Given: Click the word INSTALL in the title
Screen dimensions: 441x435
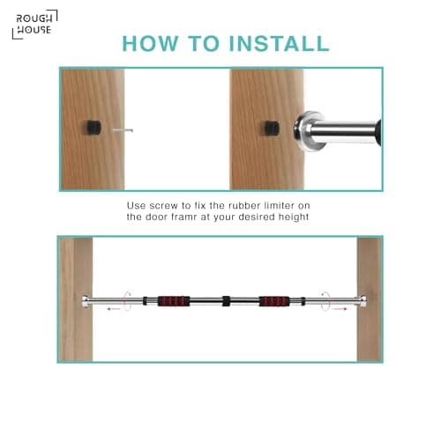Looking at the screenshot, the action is pos(279,44).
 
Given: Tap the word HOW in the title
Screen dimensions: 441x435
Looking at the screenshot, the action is pos(150,44).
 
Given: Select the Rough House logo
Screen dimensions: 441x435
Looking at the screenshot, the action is pos(34,25).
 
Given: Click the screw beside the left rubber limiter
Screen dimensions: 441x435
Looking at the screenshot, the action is pos(123,129).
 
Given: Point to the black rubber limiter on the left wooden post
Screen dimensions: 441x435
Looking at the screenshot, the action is pos(94,128).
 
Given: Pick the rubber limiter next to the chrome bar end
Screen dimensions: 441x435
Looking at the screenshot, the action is pos(272,129).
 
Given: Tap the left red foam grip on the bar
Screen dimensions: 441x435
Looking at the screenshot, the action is pos(174,301).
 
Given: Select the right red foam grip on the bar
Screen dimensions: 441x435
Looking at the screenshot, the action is pos(274,301).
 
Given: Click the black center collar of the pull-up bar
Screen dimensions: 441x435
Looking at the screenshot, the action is pos(226,301).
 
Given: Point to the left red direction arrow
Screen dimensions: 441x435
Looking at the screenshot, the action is pos(114,309).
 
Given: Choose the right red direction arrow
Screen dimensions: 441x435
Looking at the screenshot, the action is pos(340,309).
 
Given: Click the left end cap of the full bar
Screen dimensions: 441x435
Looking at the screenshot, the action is pos(86,301).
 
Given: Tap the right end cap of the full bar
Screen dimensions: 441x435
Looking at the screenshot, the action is pos(363,301).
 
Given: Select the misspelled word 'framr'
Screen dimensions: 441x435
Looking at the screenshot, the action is pos(184,217).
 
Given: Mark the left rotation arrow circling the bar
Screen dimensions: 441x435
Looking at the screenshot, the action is pos(127,301).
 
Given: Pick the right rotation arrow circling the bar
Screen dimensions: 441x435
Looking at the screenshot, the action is pos(325,301).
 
